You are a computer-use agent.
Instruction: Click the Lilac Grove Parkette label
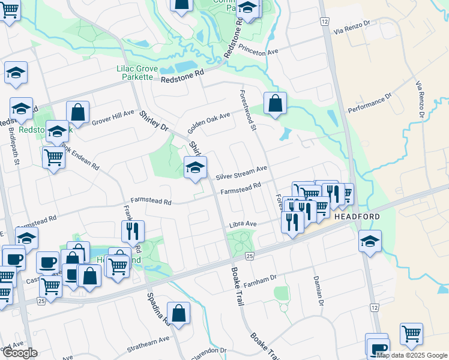(136, 74)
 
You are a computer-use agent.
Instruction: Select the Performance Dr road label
(370, 103)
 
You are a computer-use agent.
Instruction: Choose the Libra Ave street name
(243, 224)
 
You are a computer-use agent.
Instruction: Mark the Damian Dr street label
(319, 291)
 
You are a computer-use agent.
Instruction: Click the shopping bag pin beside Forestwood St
(274, 103)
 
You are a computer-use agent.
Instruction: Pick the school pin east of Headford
(369, 242)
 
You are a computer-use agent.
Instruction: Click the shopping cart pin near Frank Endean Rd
(54, 157)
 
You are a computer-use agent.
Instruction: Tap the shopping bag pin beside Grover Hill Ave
(77, 112)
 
